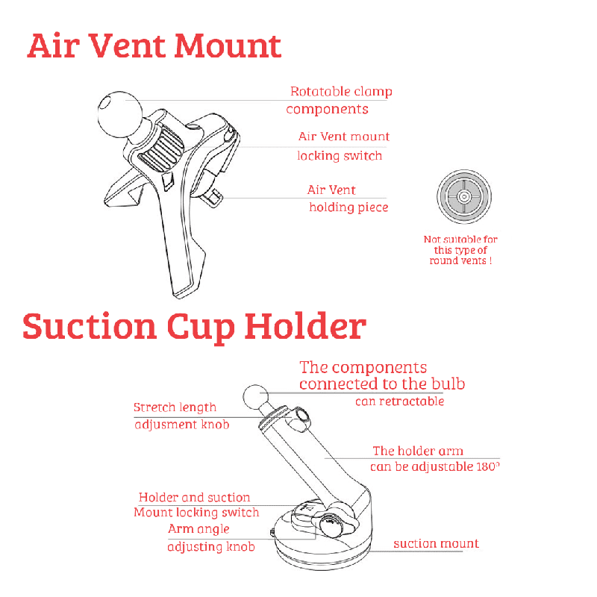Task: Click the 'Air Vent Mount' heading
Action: click(154, 46)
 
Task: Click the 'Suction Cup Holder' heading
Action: click(194, 328)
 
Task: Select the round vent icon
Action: click(463, 196)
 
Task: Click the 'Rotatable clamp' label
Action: click(341, 92)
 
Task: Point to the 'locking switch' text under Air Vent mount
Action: click(340, 156)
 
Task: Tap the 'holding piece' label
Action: click(348, 207)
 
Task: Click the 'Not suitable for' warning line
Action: click(460, 240)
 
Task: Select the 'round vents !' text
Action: click(460, 260)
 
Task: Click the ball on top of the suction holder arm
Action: click(255, 397)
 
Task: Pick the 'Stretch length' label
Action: click(175, 407)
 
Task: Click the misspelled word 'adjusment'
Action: click(166, 425)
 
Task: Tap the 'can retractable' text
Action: click(400, 401)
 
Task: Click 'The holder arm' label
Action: click(418, 451)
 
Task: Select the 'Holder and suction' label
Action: click(194, 497)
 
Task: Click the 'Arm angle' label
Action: click(199, 529)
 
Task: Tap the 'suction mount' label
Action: click(436, 544)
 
